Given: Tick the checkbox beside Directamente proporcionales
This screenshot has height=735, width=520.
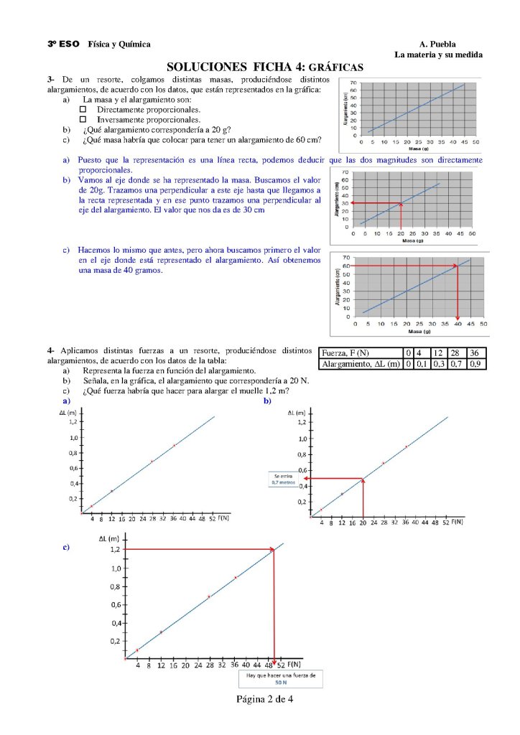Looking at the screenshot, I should point(83,109).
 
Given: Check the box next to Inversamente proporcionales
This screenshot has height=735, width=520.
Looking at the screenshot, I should point(83,119).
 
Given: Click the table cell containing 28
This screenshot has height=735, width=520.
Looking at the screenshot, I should point(455,353).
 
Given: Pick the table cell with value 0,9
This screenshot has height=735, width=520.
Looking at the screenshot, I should point(474,364).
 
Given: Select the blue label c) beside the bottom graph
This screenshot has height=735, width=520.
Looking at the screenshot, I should point(66,547).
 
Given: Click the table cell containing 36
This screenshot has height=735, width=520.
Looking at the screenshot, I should point(474,353).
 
